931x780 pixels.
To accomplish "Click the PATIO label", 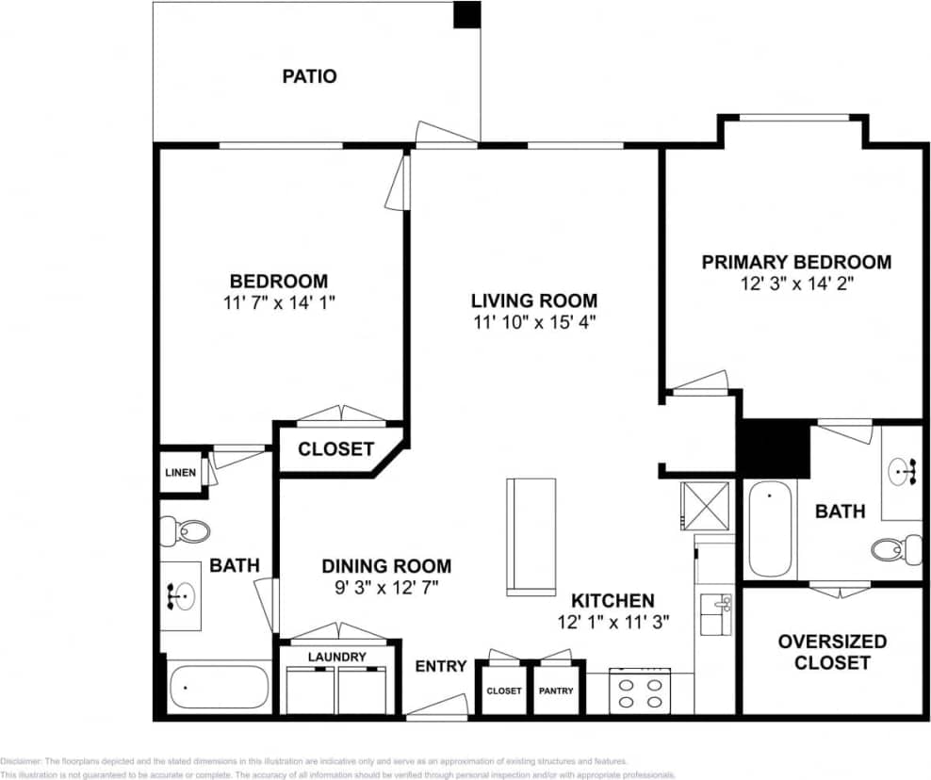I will click(309, 76).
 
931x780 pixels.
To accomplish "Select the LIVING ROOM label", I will click(533, 301).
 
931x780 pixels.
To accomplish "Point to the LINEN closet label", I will click(179, 472).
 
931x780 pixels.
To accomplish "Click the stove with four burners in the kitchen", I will click(639, 692).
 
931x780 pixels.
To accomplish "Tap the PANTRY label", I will click(556, 691).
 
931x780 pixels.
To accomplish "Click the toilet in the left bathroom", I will click(185, 531).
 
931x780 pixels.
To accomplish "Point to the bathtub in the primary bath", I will click(770, 528).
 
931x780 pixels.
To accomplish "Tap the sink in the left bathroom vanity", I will click(180, 595).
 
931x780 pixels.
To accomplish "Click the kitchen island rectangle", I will click(531, 537).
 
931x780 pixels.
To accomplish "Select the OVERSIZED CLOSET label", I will click(832, 652).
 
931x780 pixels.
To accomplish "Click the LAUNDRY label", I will click(336, 657).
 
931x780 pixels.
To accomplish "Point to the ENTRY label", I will click(441, 666).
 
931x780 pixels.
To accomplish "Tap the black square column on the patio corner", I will click(466, 14).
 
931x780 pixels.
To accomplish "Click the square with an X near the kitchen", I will click(706, 505).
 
